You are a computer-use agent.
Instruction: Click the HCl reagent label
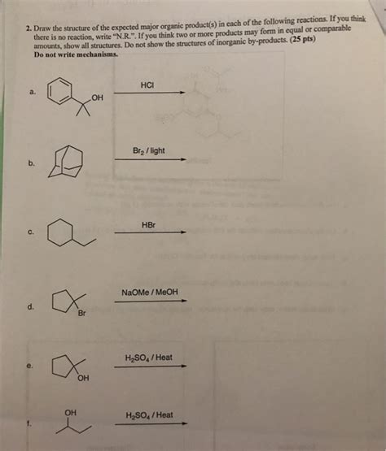[x=147, y=84]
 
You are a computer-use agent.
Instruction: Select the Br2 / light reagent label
[x=147, y=151]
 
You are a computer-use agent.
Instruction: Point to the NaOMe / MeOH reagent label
[x=150, y=293]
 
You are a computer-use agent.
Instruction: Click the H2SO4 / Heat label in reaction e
[x=149, y=358]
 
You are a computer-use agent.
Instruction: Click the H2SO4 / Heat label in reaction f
[x=149, y=414]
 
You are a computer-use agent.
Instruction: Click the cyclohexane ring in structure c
[x=60, y=235]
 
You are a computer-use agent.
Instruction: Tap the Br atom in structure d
[x=81, y=314]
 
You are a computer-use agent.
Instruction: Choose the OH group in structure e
[x=83, y=378]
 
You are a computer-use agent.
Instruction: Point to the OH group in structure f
[x=70, y=412]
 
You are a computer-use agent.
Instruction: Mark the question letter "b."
[x=31, y=163]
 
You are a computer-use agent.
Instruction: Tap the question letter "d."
[x=30, y=307]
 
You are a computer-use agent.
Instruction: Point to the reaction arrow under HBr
[x=150, y=232]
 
